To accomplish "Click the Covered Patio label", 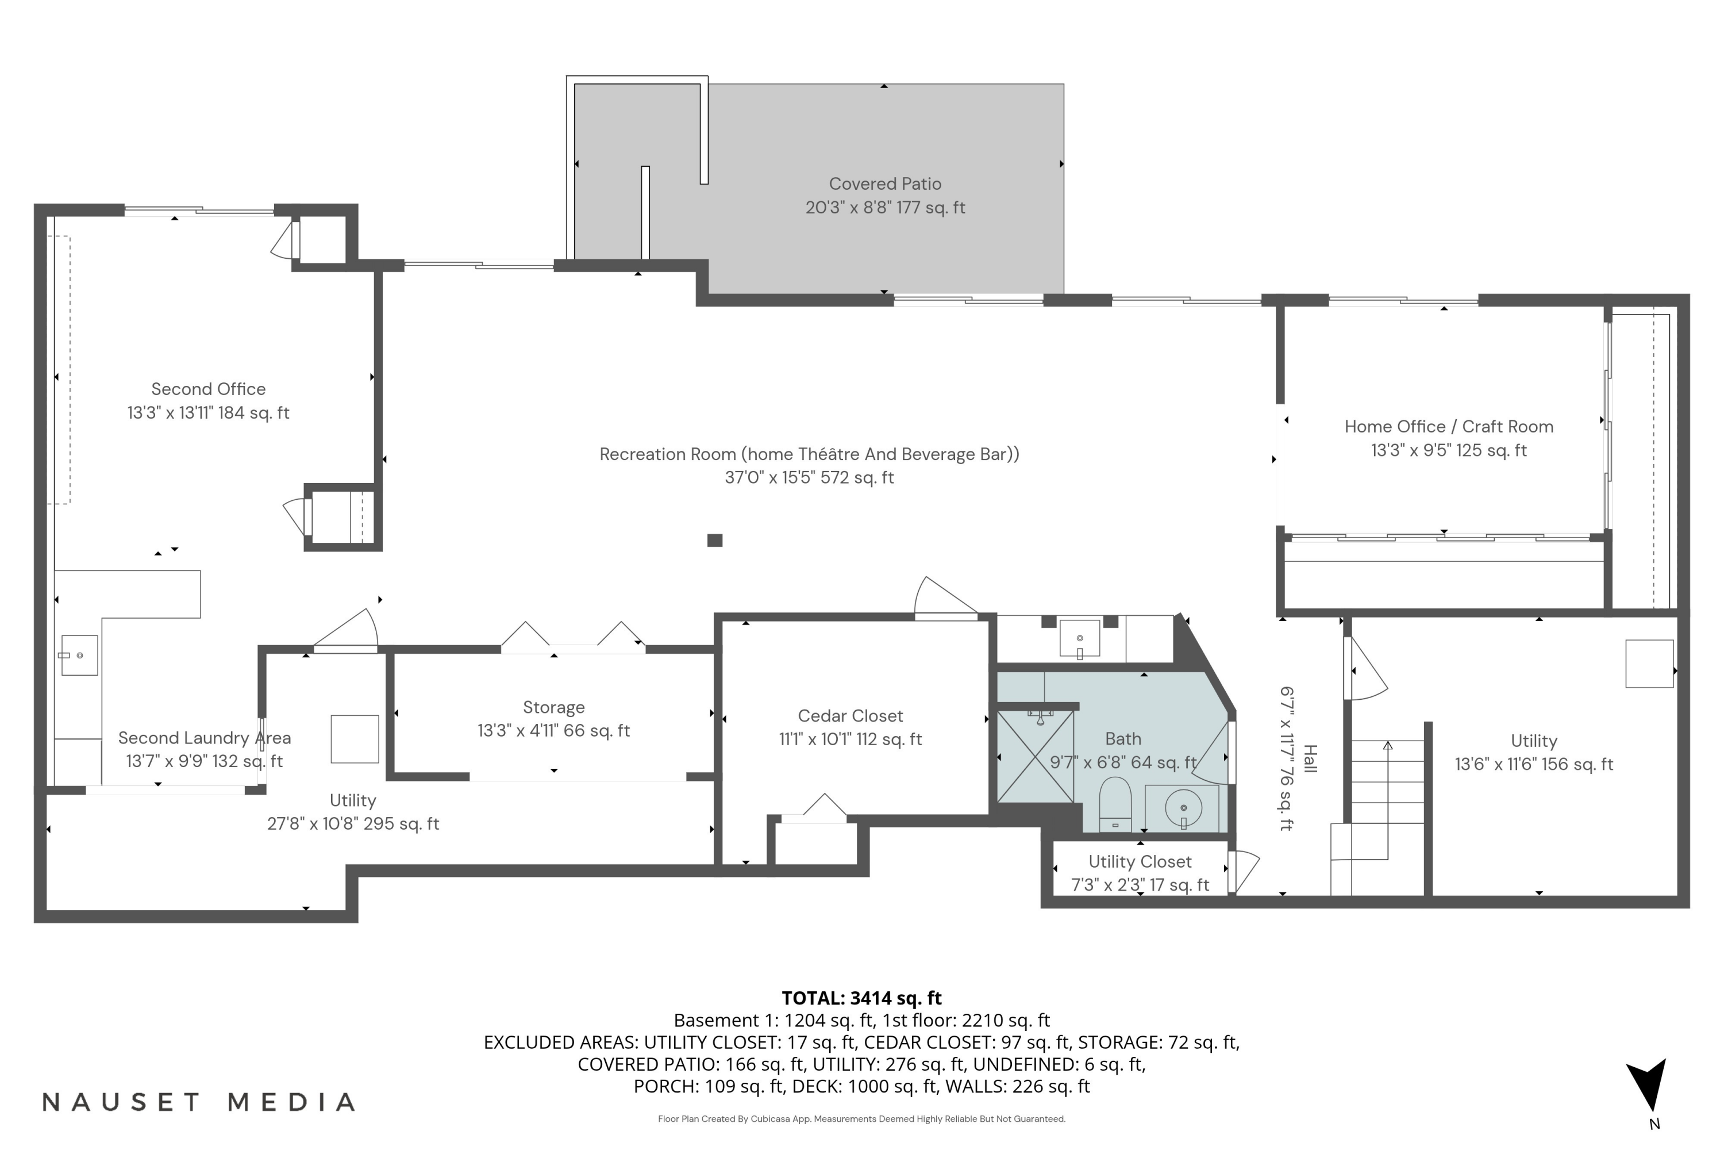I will tap(885, 184).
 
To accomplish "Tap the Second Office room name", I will tap(208, 389).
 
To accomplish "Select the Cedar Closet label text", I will tap(851, 716).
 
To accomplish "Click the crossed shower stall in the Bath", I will tap(1035, 757).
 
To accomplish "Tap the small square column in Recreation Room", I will tap(715, 540).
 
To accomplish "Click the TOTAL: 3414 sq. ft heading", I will tap(861, 998).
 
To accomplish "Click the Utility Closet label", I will tap(1140, 862).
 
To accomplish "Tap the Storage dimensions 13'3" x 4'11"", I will tap(553, 730).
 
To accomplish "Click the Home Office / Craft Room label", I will tap(1448, 427).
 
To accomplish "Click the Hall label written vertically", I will tap(1310, 758).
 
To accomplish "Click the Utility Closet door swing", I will tap(1245, 871).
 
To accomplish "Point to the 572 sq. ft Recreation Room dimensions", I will tap(809, 477).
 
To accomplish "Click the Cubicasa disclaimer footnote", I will tap(861, 1118).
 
